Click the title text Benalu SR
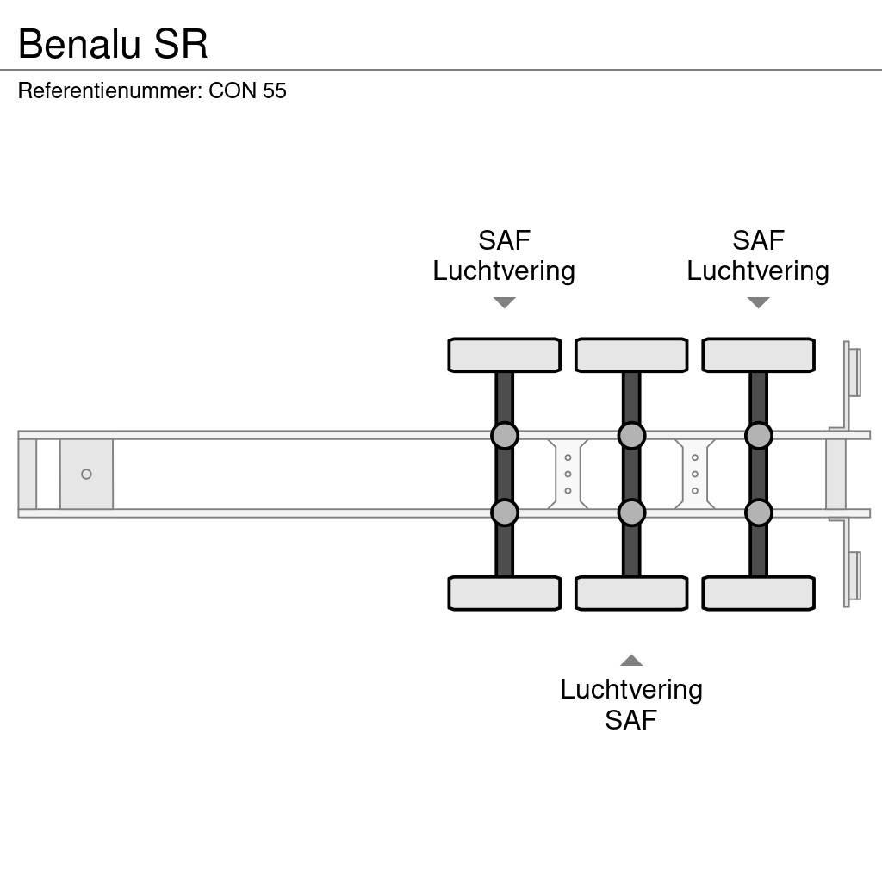[113, 44]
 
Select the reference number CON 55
[247, 90]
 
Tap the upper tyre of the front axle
[504, 355]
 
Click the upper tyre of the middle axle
[631, 355]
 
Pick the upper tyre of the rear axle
[758, 355]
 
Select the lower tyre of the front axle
[504, 593]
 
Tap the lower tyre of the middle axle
[631, 593]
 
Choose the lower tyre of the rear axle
[758, 593]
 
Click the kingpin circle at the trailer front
[86, 474]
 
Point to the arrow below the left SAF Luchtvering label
[504, 302]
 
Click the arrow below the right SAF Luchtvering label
[758, 302]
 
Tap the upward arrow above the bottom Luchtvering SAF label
[631, 661]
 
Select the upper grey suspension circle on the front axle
[505, 436]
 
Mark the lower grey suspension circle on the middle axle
[631, 513]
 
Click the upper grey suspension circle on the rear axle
[758, 436]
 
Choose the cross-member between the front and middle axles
[568, 474]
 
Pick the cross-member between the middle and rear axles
[694, 474]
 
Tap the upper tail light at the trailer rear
[854, 372]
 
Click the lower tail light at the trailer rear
[854, 575]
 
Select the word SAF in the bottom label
[631, 719]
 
